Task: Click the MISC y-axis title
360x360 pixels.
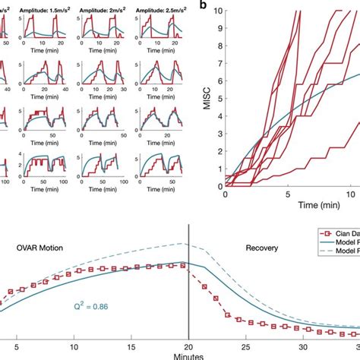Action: (206, 99)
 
